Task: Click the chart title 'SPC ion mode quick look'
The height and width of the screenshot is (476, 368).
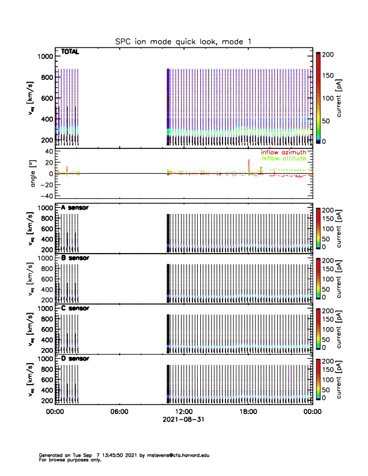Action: (183, 41)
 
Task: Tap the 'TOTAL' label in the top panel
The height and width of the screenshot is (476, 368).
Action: (70, 52)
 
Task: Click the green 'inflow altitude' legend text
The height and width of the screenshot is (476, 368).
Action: (284, 159)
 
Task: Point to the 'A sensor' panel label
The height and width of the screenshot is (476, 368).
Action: (75, 207)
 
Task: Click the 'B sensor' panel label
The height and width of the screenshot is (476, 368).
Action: (75, 258)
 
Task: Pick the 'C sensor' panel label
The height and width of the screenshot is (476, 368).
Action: (75, 308)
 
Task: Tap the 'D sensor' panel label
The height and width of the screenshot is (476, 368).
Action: (75, 358)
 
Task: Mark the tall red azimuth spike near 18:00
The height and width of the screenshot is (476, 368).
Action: (248, 165)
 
